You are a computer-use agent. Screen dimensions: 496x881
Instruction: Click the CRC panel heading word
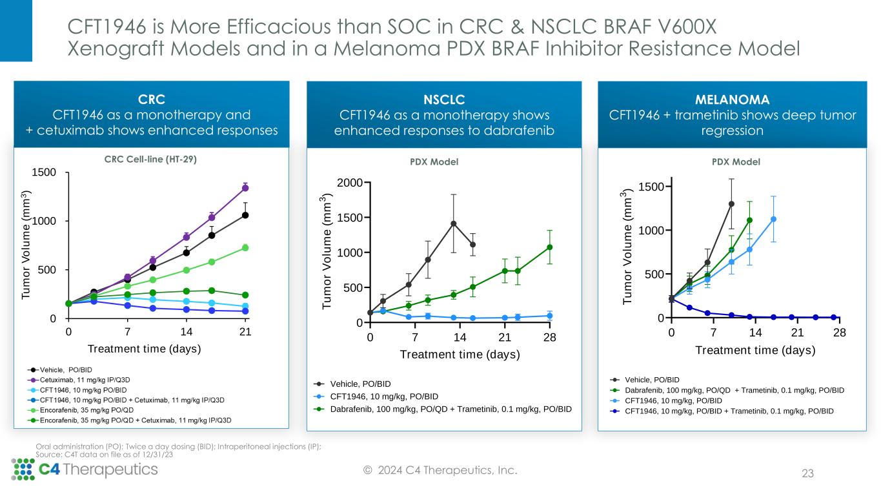[152, 99]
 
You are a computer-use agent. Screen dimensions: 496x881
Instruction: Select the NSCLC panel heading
[444, 99]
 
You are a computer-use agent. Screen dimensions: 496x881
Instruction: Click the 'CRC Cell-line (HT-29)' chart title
[152, 160]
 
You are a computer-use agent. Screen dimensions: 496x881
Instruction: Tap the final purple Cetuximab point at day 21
[245, 188]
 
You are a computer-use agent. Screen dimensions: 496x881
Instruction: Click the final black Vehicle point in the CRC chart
[245, 215]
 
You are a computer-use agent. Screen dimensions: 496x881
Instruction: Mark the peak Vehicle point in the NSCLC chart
[454, 224]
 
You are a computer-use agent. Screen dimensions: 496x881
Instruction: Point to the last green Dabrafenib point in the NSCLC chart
[550, 247]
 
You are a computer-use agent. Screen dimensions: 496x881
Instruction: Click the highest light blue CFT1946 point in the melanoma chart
[773, 219]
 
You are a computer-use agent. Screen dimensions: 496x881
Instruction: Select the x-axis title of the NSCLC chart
[460, 354]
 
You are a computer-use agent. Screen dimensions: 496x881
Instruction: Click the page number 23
[807, 474]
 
